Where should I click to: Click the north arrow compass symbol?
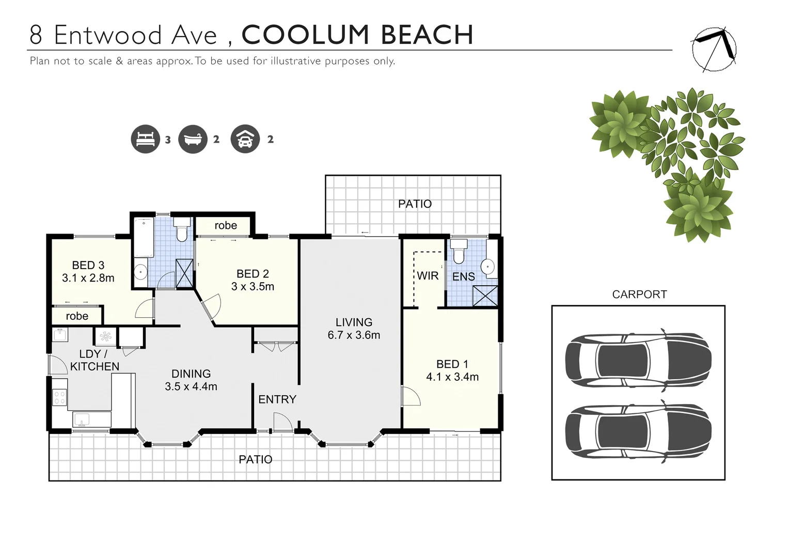[x=715, y=49]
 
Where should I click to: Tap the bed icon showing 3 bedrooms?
[x=145, y=139]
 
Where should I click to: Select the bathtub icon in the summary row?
[x=193, y=139]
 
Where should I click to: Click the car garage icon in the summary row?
[x=245, y=139]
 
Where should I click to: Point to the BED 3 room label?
[x=88, y=266]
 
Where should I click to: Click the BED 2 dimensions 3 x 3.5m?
[x=253, y=287]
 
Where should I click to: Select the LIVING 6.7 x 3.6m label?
[x=354, y=329]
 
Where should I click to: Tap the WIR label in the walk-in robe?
[x=428, y=276]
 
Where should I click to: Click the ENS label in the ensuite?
[x=463, y=277]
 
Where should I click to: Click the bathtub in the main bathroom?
[x=143, y=238]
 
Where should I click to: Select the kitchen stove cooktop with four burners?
[x=59, y=397]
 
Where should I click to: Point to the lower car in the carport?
[x=638, y=431]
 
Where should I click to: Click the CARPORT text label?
[x=639, y=295]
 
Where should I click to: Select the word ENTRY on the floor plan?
[x=277, y=399]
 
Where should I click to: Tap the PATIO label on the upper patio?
[x=415, y=204]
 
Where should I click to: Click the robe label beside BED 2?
[x=226, y=226]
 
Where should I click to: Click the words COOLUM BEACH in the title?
[x=357, y=35]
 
